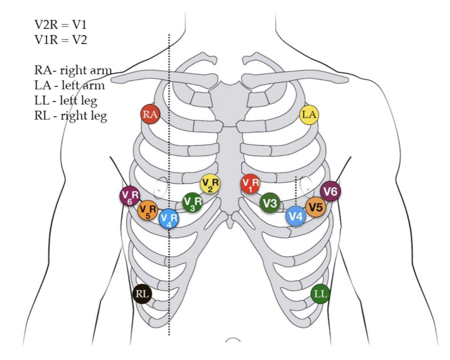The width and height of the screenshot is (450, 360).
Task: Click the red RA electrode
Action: [x=150, y=115]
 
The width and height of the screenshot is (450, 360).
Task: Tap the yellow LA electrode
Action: [x=309, y=115]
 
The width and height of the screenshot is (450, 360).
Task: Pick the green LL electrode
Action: [x=320, y=294]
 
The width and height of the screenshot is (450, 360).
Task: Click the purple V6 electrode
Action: [x=330, y=191]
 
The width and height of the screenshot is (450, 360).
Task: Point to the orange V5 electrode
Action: [x=315, y=207]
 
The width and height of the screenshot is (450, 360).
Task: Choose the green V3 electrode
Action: [x=270, y=202]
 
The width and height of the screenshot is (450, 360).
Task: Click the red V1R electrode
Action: [x=250, y=184]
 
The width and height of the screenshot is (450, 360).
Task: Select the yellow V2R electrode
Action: [x=210, y=184]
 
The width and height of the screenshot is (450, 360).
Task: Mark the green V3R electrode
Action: [x=192, y=202]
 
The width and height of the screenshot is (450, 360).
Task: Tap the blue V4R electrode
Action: [x=169, y=218]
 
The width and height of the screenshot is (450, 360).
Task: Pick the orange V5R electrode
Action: [x=148, y=210]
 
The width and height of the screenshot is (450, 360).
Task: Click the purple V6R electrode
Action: [x=129, y=196]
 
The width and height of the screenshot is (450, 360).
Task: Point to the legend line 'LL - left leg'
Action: [x=66, y=100]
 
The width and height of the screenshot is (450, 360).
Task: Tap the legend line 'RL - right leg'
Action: [x=70, y=115]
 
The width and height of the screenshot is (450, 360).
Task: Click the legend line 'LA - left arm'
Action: [x=69, y=85]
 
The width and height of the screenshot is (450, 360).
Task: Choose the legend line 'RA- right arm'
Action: [x=73, y=70]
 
